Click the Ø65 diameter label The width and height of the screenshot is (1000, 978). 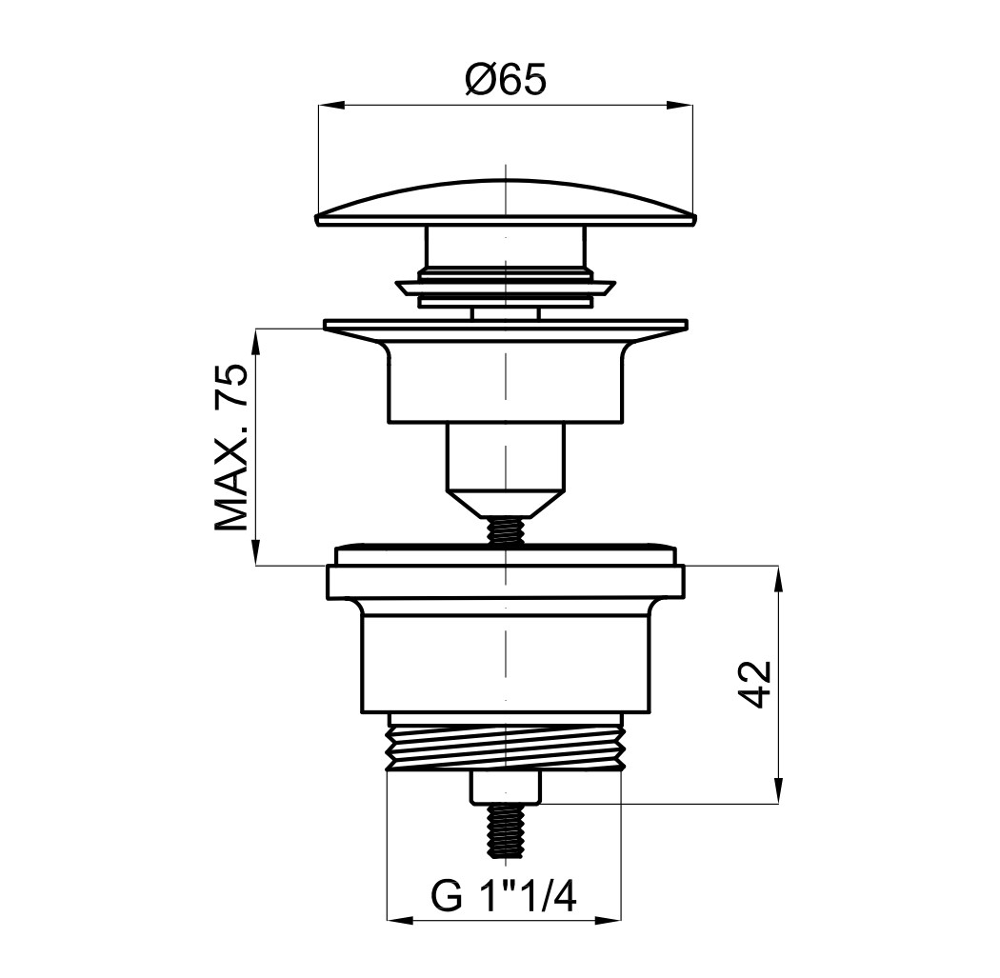pos(506,80)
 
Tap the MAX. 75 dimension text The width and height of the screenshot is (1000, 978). pos(230,447)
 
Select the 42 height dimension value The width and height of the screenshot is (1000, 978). pos(758,684)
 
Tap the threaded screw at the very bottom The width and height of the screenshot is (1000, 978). pos(505,830)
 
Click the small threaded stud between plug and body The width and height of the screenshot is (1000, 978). pos(505,529)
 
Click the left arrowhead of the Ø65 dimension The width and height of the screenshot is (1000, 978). pos(331,105)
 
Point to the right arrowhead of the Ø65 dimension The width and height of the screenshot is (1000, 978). pos(680,105)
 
